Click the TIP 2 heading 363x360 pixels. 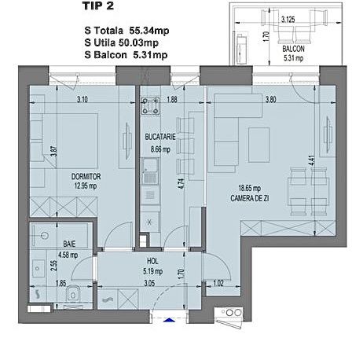pyautogui.click(x=98, y=6)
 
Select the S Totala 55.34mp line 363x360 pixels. pyautogui.click(x=126, y=31)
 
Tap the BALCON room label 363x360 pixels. pyautogui.click(x=293, y=49)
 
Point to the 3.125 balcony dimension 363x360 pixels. pyautogui.click(x=288, y=20)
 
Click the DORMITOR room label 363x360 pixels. pyautogui.click(x=86, y=177)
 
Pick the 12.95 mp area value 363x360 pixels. pyautogui.click(x=86, y=186)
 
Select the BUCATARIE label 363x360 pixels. pyautogui.click(x=160, y=137)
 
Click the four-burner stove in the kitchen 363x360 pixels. pyautogui.click(x=150, y=106)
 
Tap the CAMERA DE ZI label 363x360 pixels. pyautogui.click(x=250, y=198)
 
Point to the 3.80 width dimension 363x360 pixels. pyautogui.click(x=270, y=100)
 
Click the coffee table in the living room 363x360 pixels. pyautogui.click(x=259, y=145)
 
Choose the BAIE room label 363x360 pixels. pyautogui.click(x=69, y=244)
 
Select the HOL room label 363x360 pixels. pyautogui.click(x=152, y=261)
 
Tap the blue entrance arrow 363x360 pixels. pyautogui.click(x=169, y=320)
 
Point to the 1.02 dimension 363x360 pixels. pyautogui.click(x=218, y=283)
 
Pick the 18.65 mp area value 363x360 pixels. pyautogui.click(x=249, y=188)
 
